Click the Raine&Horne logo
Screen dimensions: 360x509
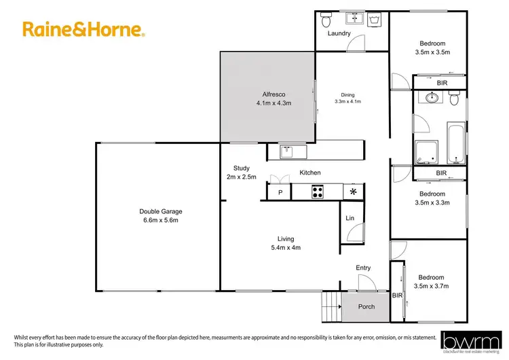click(x=83, y=30)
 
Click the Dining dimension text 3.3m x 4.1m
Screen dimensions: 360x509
click(x=347, y=101)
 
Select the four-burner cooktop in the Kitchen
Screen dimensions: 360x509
click(x=316, y=192)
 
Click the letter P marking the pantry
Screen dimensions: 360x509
click(x=279, y=193)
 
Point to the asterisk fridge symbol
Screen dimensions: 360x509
click(x=353, y=192)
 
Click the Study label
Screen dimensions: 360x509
click(x=242, y=168)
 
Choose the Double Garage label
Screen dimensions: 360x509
click(x=161, y=211)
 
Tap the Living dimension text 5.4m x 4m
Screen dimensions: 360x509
click(x=286, y=247)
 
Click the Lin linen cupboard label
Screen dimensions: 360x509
click(x=350, y=218)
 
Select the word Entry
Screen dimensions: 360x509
click(x=364, y=268)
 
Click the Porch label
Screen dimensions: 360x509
click(x=366, y=306)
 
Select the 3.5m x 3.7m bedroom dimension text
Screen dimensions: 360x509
click(x=432, y=286)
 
